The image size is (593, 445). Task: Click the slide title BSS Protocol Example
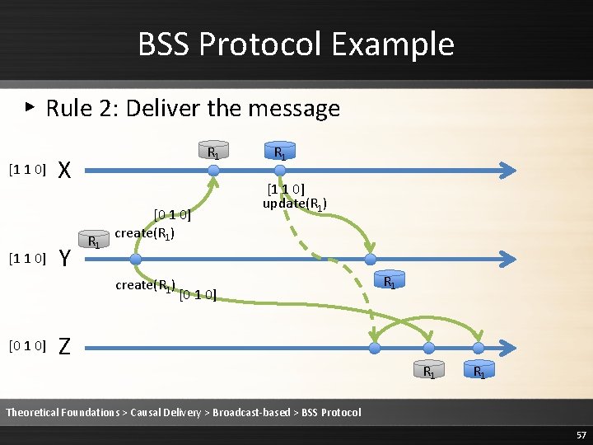tap(296, 44)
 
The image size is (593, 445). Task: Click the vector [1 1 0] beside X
tap(27, 171)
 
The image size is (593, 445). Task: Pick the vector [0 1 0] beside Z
tap(27, 345)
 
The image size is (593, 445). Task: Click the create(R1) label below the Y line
tap(145, 285)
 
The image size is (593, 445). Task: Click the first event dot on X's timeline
tap(213, 171)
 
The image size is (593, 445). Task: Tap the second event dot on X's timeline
tap(278, 171)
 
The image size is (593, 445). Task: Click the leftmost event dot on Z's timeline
tap(375, 348)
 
